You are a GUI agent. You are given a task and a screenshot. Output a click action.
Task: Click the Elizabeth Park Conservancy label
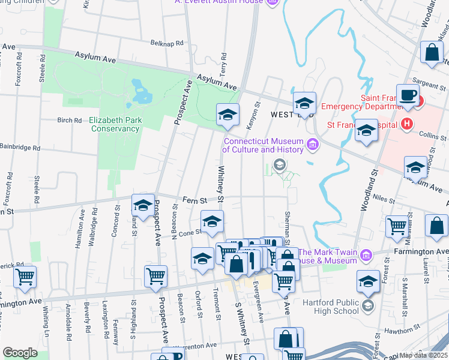(115, 124)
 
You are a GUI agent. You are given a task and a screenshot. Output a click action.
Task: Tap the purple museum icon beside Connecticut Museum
(312, 144)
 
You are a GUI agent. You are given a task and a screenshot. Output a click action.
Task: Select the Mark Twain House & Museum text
(329, 256)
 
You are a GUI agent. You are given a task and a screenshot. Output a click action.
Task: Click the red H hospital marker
(407, 125)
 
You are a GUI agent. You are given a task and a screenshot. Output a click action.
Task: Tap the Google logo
(20, 353)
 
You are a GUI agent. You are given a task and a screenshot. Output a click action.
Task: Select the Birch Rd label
(69, 120)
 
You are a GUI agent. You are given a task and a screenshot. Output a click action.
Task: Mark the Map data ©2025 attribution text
(424, 355)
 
